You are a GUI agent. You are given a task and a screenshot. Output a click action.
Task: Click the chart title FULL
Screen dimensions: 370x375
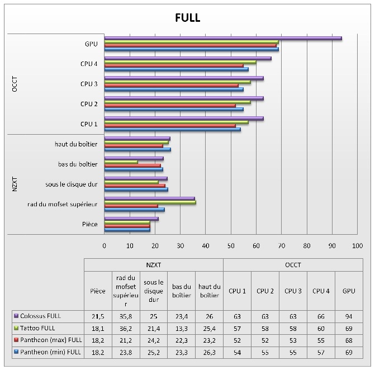pyautogui.click(x=187, y=18)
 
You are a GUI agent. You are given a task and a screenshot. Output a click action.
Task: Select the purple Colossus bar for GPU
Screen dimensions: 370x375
pyautogui.click(x=223, y=38)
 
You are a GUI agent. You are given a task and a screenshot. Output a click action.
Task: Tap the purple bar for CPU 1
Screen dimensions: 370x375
pyautogui.click(x=184, y=118)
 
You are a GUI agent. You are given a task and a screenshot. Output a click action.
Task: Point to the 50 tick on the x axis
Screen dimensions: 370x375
pyautogui.click(x=231, y=245)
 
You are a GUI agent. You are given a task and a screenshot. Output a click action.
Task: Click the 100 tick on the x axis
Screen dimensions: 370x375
pyautogui.click(x=357, y=245)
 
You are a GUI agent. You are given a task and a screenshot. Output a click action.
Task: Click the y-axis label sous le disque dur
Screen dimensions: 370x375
pyautogui.click(x=72, y=184)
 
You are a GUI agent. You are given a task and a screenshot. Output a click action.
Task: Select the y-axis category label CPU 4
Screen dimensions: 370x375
pyautogui.click(x=89, y=64)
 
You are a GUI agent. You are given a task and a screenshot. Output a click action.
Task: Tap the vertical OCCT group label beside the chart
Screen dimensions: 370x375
pyautogui.click(x=15, y=84)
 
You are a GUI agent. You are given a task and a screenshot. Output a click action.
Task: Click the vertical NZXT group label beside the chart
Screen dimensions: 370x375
pyautogui.click(x=15, y=184)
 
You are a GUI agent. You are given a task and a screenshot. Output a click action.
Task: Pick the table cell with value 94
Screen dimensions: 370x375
pyautogui.click(x=349, y=315)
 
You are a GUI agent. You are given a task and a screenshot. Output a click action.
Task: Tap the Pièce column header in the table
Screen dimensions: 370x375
pyautogui.click(x=97, y=291)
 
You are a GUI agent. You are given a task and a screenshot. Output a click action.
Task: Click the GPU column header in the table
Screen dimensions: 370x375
pyautogui.click(x=349, y=291)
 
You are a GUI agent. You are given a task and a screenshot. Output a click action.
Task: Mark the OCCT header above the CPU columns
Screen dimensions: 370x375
pyautogui.click(x=292, y=264)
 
